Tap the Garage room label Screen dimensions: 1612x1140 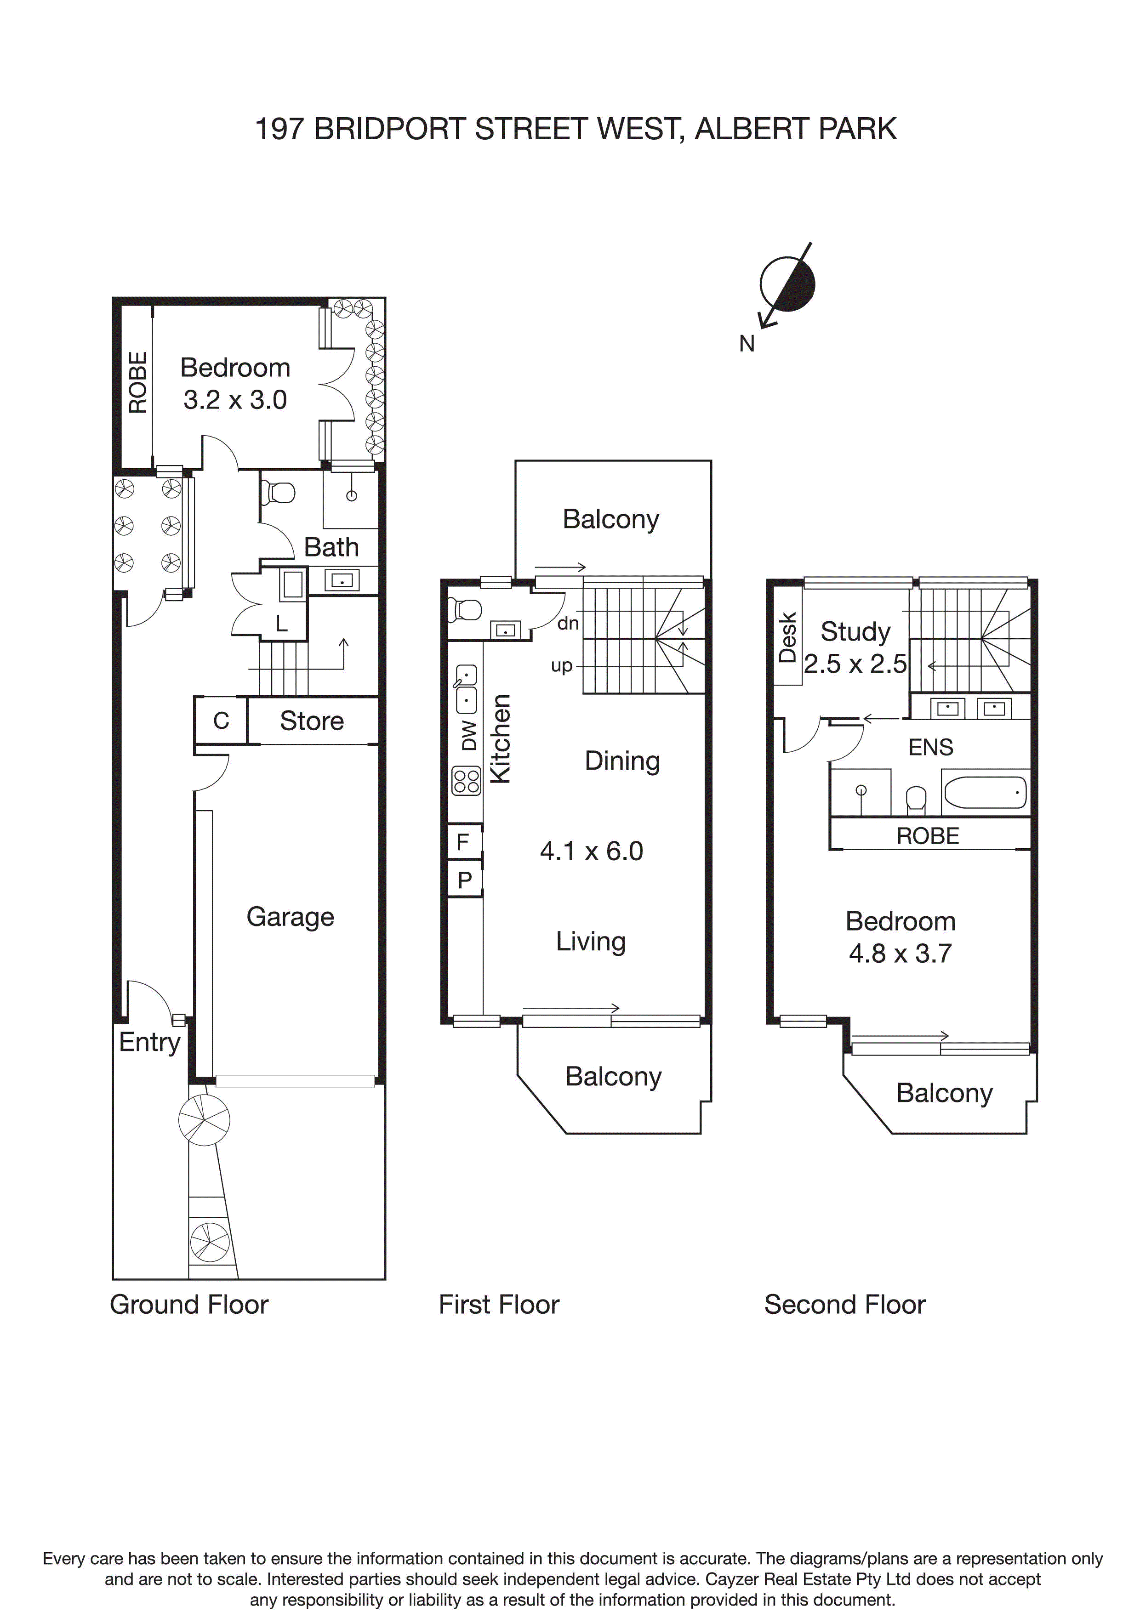[290, 917]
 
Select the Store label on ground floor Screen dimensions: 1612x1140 [312, 721]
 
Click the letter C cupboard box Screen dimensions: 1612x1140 [221, 721]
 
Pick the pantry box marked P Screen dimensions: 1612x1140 [464, 880]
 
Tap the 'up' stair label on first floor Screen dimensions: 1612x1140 [562, 665]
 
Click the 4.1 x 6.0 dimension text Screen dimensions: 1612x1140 [592, 851]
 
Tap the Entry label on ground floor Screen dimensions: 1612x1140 [149, 1042]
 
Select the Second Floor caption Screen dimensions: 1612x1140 [844, 1305]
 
